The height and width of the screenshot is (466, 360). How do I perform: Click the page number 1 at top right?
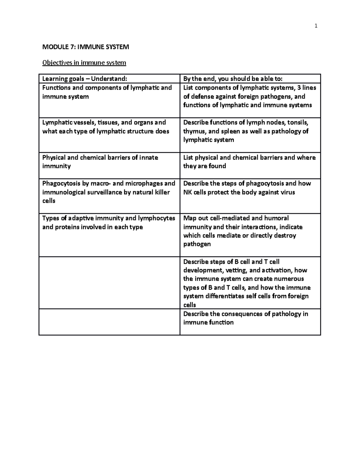pyautogui.click(x=316, y=26)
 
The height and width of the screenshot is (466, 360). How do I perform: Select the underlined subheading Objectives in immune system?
pyautogui.click(x=84, y=63)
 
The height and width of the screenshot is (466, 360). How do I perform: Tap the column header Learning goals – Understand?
pyautogui.click(x=85, y=79)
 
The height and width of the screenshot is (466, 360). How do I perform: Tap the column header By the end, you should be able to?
pyautogui.click(x=233, y=79)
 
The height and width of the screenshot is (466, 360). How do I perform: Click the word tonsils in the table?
pyautogui.click(x=298, y=122)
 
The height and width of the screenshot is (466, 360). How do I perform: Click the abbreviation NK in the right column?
pyautogui.click(x=188, y=192)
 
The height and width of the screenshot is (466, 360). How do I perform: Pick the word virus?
pyautogui.click(x=288, y=192)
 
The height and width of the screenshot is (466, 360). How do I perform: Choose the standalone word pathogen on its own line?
pyautogui.click(x=197, y=244)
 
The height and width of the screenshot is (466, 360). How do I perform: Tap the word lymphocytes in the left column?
pyautogui.click(x=157, y=218)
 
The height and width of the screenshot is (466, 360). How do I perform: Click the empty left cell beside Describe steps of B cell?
pyautogui.click(x=109, y=283)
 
